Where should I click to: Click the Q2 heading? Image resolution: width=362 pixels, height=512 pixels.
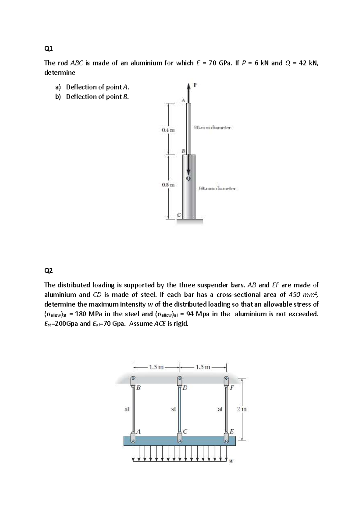(48, 270)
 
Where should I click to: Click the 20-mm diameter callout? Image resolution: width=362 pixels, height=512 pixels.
(212, 128)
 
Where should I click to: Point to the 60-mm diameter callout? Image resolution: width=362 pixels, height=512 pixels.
(217, 189)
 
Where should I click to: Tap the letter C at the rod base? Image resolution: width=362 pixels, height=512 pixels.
(179, 215)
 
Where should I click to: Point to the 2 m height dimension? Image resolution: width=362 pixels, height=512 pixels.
(242, 409)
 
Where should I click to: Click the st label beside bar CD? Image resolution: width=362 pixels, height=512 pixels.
(173, 409)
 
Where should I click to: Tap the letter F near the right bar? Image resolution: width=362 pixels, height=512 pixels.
(232, 388)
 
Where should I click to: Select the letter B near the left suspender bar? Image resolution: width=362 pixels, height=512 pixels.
(138, 388)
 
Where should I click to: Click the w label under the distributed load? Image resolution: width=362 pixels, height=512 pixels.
(231, 461)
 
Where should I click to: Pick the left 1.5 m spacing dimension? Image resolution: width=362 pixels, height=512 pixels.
(156, 367)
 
